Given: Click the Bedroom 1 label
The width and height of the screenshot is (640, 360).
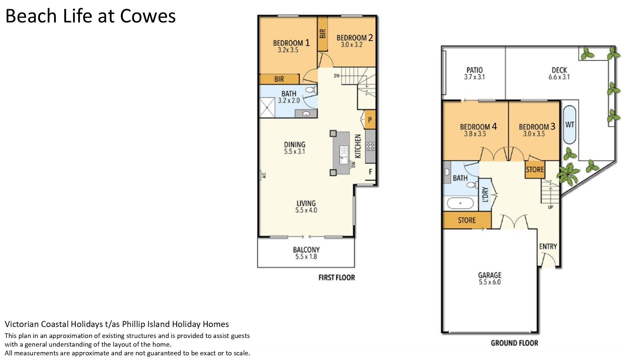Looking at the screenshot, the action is pyautogui.click(x=291, y=43).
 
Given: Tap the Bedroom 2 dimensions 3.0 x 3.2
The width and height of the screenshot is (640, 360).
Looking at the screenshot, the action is pyautogui.click(x=351, y=45).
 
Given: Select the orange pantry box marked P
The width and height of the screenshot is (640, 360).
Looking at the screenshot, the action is pyautogui.click(x=370, y=120).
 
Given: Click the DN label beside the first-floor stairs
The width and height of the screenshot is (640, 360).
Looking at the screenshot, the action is pyautogui.click(x=337, y=76).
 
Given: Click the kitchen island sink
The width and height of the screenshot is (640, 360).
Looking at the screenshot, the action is pyautogui.click(x=344, y=155).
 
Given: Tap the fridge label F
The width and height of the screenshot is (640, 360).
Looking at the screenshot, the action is pyautogui.click(x=370, y=172).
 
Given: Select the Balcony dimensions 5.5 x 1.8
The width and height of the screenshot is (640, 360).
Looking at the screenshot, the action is pyautogui.click(x=306, y=257).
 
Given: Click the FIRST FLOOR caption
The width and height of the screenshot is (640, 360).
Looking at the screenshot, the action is pyautogui.click(x=337, y=277).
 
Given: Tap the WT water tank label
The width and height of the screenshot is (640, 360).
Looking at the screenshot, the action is pyautogui.click(x=570, y=125).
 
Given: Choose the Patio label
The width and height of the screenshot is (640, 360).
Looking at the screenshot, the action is pyautogui.click(x=474, y=70).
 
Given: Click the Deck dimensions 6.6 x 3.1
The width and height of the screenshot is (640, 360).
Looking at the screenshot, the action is pyautogui.click(x=559, y=77).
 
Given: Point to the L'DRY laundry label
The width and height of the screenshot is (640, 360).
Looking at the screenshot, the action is pyautogui.click(x=485, y=194).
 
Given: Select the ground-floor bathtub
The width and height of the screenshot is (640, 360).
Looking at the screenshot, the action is pyautogui.click(x=460, y=203).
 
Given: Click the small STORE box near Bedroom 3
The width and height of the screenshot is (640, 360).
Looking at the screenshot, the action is pyautogui.click(x=535, y=170).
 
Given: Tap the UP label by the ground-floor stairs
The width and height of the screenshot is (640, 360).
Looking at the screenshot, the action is pyautogui.click(x=550, y=207).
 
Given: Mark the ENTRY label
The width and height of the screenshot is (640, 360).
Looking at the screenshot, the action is pyautogui.click(x=548, y=246).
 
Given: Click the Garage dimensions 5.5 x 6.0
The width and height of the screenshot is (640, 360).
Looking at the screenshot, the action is pyautogui.click(x=490, y=282).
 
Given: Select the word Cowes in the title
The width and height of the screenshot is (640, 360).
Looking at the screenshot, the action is pyautogui.click(x=148, y=16).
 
